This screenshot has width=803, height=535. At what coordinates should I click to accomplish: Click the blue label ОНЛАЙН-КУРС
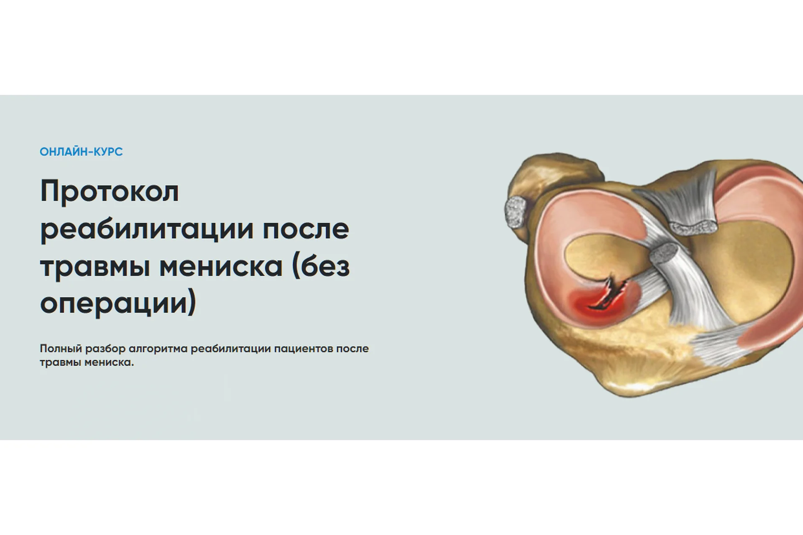tap(81, 152)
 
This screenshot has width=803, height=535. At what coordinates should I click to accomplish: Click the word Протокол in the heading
tap(110, 191)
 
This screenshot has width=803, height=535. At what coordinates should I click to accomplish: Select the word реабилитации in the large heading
tap(147, 229)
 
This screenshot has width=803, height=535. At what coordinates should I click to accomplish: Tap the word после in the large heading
tap(306, 229)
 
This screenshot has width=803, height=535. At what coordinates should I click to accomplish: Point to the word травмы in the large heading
tap(95, 267)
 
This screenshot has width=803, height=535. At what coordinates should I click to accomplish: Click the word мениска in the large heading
tap(221, 267)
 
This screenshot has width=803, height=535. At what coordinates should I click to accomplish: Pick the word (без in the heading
tap(321, 267)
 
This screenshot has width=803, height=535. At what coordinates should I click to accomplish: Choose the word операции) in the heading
tap(118, 303)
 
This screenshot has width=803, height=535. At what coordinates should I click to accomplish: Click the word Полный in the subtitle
tap(61, 349)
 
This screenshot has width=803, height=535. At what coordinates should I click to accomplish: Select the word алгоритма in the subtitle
tap(158, 349)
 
